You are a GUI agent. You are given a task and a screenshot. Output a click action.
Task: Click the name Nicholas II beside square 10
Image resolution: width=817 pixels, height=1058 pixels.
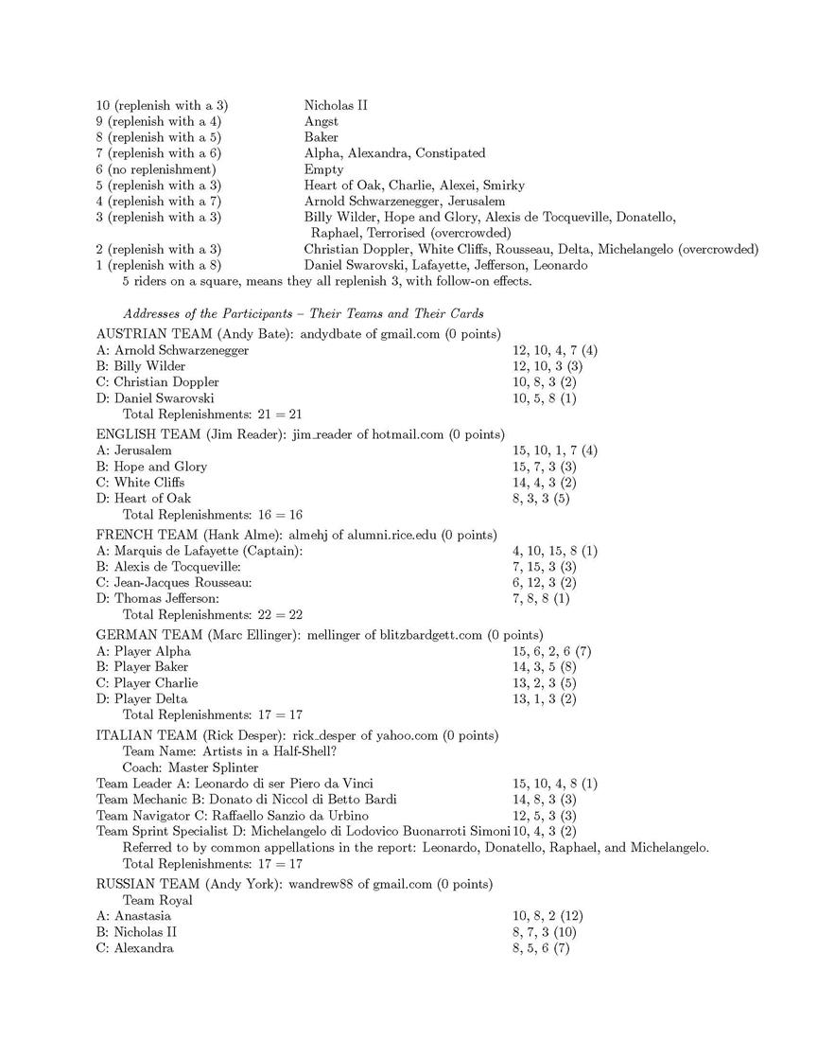click(x=336, y=105)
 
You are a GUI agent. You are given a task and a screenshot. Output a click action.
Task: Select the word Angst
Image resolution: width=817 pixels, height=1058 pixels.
click(x=322, y=121)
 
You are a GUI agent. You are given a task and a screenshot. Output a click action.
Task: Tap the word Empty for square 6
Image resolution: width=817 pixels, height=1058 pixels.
click(x=322, y=169)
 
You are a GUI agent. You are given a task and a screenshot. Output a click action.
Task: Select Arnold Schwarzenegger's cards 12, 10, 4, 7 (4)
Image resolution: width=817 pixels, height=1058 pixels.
click(x=554, y=350)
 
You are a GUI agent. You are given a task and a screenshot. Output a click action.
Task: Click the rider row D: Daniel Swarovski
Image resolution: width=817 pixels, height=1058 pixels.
click(x=155, y=398)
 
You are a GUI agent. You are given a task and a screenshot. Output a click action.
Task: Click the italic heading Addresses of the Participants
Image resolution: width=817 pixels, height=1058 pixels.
click(x=304, y=313)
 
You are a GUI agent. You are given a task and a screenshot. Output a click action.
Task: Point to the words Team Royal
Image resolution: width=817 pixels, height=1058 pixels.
click(x=158, y=900)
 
